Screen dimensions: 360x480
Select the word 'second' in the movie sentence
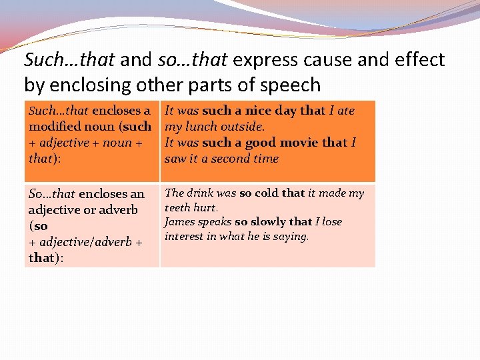(x=231, y=159)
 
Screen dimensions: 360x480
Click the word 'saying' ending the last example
(x=291, y=237)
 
